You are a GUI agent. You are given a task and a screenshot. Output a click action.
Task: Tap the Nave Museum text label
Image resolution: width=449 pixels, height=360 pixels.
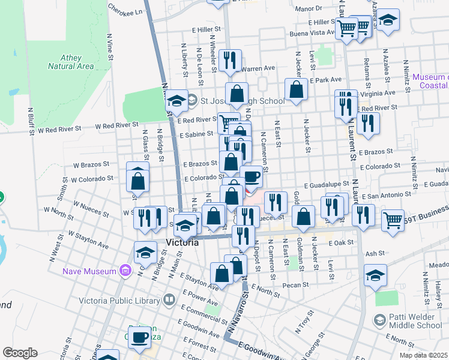(89, 271)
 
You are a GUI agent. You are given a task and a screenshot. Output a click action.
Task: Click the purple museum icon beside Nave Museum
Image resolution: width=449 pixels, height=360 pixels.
(125, 271)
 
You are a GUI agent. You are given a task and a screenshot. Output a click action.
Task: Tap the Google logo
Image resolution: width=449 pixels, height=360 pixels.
(20, 353)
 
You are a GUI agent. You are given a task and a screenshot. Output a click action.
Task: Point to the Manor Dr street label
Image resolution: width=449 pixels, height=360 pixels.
(309, 8)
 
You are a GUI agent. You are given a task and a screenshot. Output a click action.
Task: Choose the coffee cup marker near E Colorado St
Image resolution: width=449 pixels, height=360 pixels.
(252, 176)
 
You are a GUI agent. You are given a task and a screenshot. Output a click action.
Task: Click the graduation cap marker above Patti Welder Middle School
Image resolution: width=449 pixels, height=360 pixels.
(375, 276)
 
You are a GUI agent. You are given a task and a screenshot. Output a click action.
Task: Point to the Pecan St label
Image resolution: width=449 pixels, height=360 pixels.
(296, 285)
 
